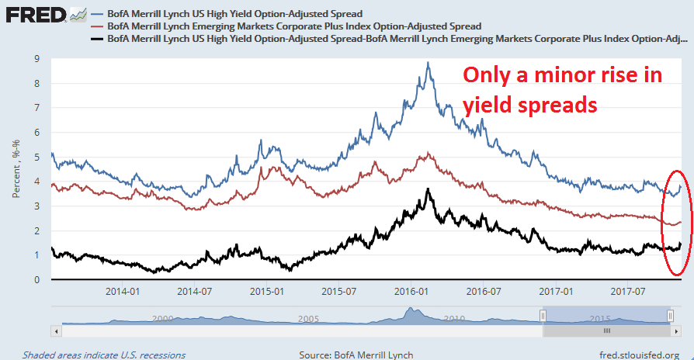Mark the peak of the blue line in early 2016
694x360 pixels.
pos(429,63)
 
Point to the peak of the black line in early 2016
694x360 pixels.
pos(428,189)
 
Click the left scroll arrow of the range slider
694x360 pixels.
pos(55,330)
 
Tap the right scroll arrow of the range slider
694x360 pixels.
pos(676,330)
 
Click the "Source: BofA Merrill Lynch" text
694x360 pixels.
pos(361,354)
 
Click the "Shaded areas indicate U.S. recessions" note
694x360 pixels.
pos(104,354)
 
